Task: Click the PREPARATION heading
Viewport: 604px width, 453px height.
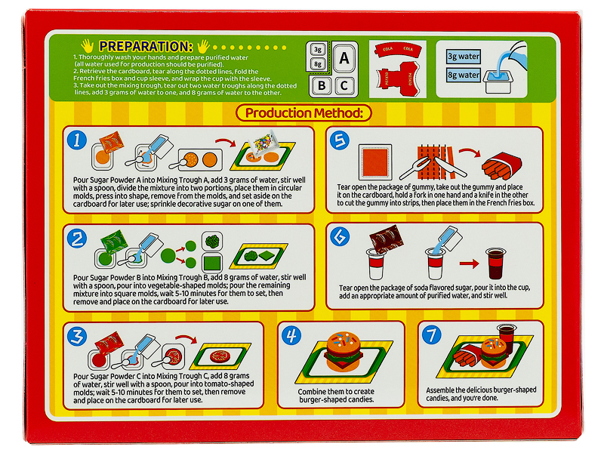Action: (x=146, y=47)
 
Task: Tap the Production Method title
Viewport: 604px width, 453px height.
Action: (x=304, y=112)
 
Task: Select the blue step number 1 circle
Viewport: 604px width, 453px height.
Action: (x=77, y=140)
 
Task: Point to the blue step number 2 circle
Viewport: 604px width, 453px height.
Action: (x=77, y=239)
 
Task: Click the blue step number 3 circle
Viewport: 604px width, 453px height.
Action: (x=77, y=336)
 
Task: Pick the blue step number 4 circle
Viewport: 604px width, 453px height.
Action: (x=291, y=335)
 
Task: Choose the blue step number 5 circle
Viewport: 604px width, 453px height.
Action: (x=340, y=140)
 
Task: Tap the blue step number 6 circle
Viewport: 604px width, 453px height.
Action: (x=340, y=236)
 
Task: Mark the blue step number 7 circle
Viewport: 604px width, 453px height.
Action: (x=432, y=334)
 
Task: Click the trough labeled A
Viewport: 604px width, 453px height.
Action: (x=344, y=58)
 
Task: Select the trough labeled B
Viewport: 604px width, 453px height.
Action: (x=322, y=85)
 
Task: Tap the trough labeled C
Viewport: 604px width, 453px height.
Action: (x=344, y=85)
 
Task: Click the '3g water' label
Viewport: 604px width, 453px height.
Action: (x=464, y=57)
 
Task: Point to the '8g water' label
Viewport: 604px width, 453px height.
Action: (x=464, y=75)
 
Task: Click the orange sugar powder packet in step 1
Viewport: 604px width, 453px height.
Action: (x=111, y=143)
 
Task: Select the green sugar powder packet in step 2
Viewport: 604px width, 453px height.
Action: (x=115, y=241)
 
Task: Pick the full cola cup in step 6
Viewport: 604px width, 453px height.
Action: (x=496, y=263)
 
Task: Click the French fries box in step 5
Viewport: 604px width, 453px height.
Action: (x=502, y=165)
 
